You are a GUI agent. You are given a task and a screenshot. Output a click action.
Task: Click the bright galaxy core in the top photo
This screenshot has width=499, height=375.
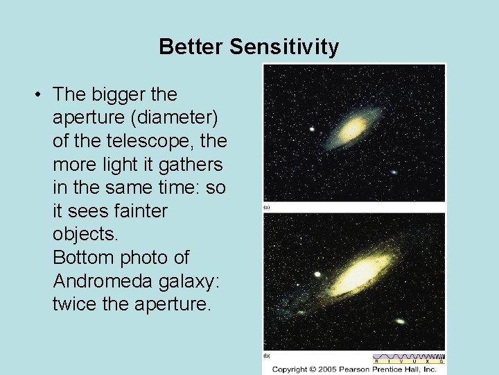pyautogui.click(x=353, y=128)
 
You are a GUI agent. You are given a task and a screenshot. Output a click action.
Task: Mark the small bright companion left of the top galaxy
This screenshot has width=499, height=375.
pyautogui.click(x=313, y=128)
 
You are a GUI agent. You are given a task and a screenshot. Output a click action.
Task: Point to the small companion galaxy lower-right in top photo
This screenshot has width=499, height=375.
pyautogui.click(x=394, y=172)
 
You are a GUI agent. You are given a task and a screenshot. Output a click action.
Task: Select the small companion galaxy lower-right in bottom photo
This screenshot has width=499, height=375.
pyautogui.click(x=400, y=321)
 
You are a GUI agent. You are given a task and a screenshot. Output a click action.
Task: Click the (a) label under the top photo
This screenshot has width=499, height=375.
pyautogui.click(x=267, y=207)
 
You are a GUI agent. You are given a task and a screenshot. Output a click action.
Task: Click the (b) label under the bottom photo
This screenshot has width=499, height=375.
pyautogui.click(x=267, y=356)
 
